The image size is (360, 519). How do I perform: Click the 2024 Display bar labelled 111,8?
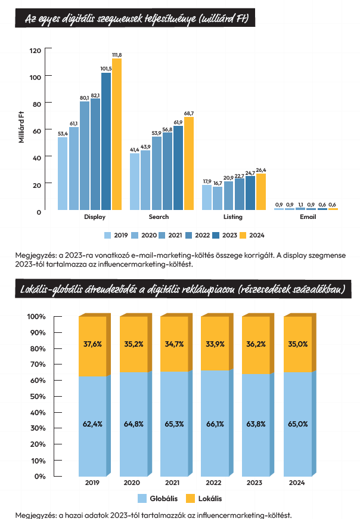click(x=117, y=134)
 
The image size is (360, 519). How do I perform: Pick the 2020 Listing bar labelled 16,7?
click(x=218, y=199)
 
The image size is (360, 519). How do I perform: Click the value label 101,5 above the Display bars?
click(x=106, y=69)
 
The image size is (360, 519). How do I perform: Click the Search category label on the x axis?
click(x=159, y=217)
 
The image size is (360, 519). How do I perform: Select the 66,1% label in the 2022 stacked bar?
click(x=215, y=424)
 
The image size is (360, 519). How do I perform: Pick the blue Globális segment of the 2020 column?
click(x=133, y=424)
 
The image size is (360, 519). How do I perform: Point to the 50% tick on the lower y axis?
click(x=36, y=396)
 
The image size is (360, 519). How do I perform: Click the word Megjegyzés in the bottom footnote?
click(x=33, y=514)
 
